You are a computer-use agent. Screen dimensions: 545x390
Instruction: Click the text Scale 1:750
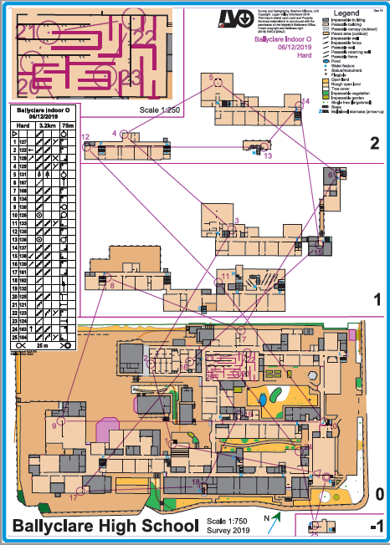click(x=225, y=522)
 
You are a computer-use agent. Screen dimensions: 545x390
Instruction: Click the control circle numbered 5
click(x=218, y=82)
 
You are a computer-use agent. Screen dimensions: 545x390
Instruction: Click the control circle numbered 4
click(x=125, y=134)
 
